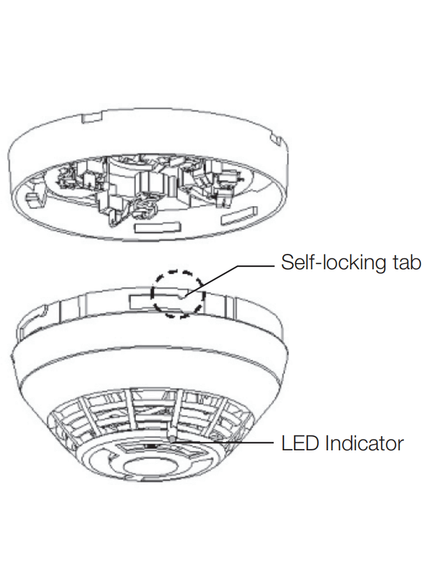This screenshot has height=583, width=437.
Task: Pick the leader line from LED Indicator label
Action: [x=228, y=442]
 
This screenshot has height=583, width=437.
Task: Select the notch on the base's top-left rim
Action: [x=91, y=117]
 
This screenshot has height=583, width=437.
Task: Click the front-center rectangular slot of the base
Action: [x=155, y=228]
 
